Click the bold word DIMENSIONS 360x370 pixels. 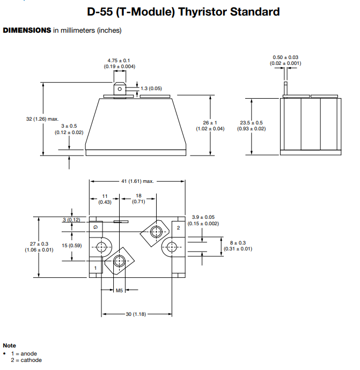(27, 31)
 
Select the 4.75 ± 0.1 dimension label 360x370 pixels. (119, 61)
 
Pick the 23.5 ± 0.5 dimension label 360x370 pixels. (251, 122)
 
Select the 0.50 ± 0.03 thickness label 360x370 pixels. (285, 57)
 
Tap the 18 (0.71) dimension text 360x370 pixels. (138, 196)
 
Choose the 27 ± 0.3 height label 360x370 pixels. (39, 244)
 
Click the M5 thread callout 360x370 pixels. (119, 290)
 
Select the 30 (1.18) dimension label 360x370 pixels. (136, 314)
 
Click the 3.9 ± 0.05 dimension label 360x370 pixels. (203, 217)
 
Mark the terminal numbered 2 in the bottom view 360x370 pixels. (178, 228)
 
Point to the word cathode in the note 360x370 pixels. (31, 360)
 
